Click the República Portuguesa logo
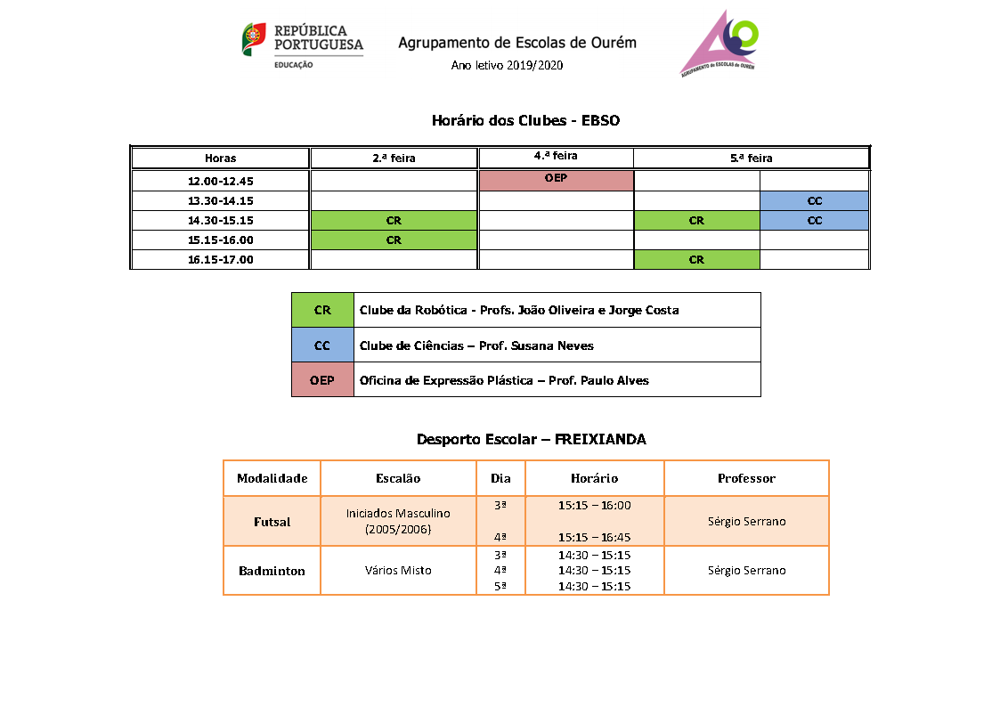coord(302,45)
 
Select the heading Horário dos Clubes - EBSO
coord(525,120)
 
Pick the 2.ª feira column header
coord(394,158)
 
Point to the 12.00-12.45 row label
coord(220,181)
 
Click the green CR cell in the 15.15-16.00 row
coord(394,240)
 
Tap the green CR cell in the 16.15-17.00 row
coord(696,260)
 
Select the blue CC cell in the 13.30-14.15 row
coord(814,200)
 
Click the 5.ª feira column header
coord(751,158)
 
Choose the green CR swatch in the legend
coord(322,310)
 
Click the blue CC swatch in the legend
coord(322,345)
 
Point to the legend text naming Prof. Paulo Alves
coord(504,380)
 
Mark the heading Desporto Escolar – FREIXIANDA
coord(531,440)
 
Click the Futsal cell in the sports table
coord(272,522)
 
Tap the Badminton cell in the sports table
coord(272,571)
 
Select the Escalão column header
coord(398,478)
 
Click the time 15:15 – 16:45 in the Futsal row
coord(594,537)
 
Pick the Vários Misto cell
coord(398,571)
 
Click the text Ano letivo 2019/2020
coord(507,65)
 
